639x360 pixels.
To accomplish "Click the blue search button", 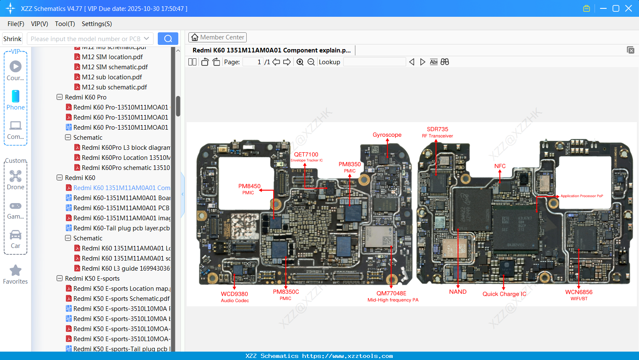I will pos(168,39).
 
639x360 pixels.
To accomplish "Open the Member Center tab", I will pos(217,37).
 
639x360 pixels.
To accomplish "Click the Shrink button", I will pos(12,39).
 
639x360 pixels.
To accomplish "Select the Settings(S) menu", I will pos(97,24).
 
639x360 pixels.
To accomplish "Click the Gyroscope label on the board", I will pos(387,135).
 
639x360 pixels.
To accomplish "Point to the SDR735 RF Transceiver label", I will pos(437,132).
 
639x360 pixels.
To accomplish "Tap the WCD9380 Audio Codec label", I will pos(235,297).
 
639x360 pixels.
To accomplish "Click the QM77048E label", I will pos(391,293).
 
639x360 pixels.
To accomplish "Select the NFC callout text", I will pos(500,166).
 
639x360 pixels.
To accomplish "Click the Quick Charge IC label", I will pos(504,294).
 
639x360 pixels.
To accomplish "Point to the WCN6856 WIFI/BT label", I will pos(579,295).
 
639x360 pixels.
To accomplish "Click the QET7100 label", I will pos(306,155).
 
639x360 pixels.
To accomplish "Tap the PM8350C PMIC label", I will pos(286,295).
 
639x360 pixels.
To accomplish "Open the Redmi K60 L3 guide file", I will pos(125,269).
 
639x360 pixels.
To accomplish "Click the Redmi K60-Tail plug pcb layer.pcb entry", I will pos(121,228).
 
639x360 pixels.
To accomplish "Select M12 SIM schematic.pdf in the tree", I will pos(115,67).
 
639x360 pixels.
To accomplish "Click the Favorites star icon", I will pos(16,271).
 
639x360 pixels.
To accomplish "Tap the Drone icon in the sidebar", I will pos(16,176).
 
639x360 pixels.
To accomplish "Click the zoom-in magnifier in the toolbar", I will pos(300,62).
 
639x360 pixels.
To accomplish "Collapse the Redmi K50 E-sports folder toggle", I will pos(60,279).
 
